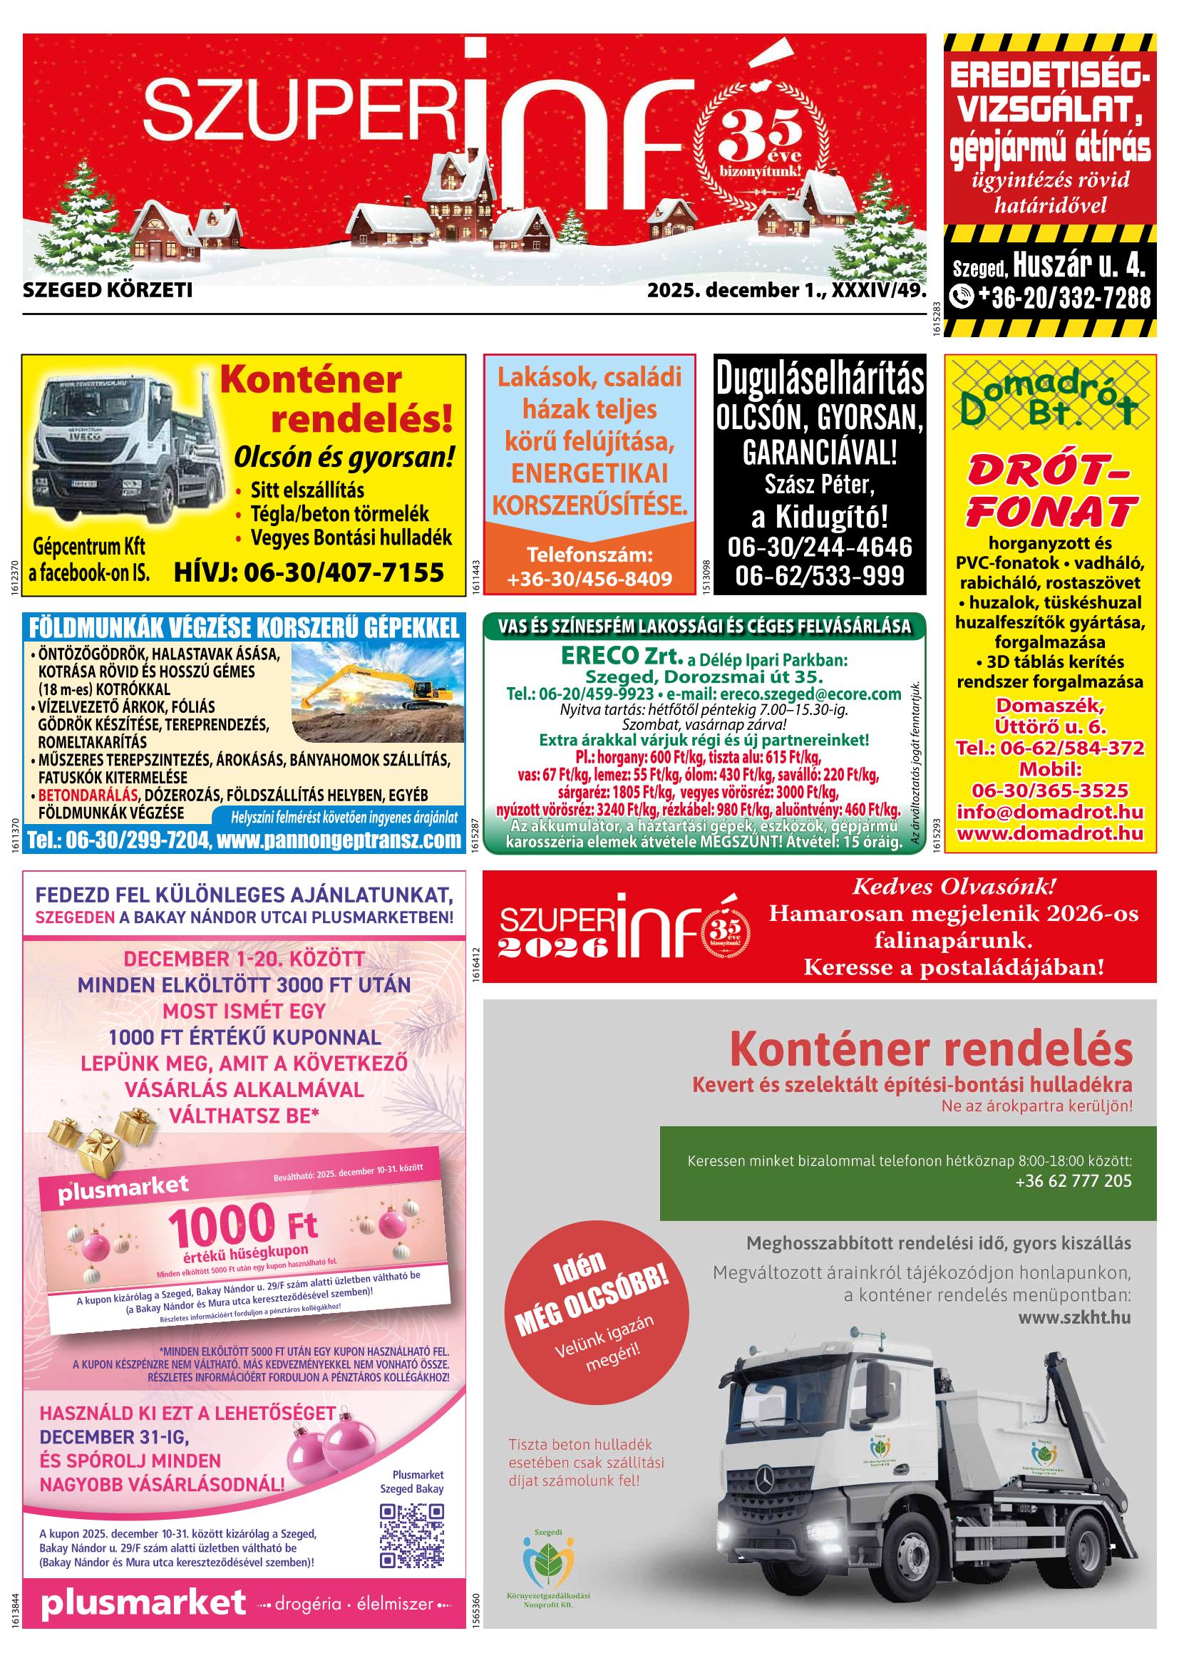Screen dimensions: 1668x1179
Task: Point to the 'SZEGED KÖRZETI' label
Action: coord(108,292)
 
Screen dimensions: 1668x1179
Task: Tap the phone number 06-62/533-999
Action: coord(820,575)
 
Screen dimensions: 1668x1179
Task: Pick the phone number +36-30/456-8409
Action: coord(590,578)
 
